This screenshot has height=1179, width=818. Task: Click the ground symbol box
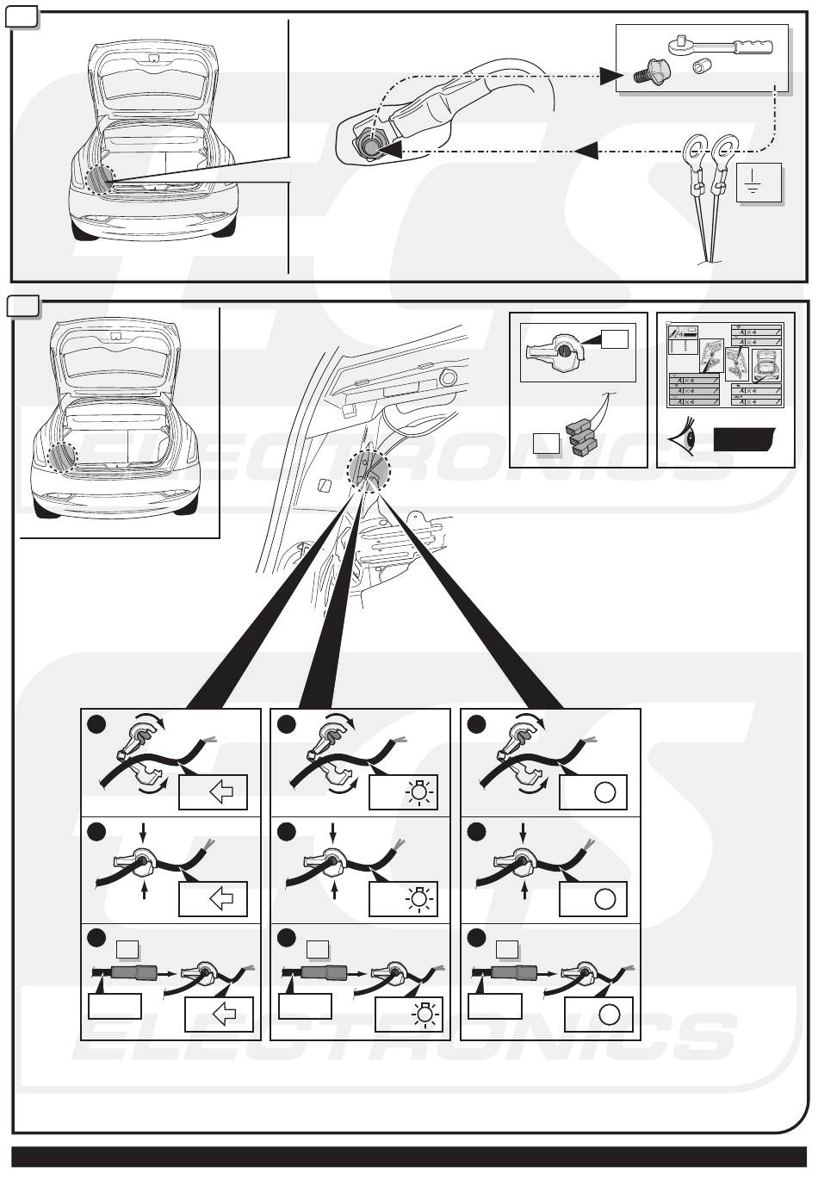click(759, 183)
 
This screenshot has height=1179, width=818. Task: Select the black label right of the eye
click(744, 441)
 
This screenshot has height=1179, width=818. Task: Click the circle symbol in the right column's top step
click(605, 792)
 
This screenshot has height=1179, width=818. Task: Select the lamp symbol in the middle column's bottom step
click(424, 1014)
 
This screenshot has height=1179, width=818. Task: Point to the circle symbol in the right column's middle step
click(604, 899)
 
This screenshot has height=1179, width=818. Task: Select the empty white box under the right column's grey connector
click(494, 1006)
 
